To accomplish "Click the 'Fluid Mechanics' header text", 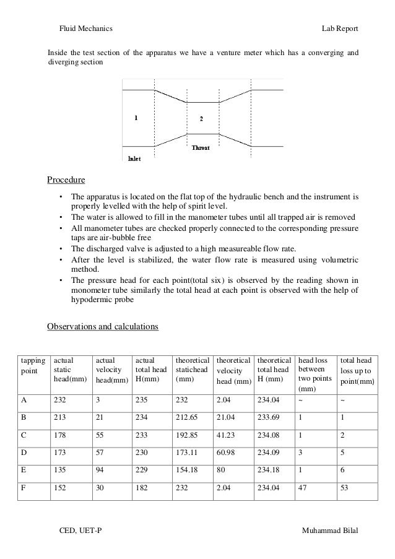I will point(85,29).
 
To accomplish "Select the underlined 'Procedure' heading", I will point(66,181).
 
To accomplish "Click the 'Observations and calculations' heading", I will point(103,326).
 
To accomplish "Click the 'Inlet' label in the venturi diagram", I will point(134,158).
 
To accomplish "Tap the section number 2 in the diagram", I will point(201,118).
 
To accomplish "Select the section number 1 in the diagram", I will point(136,116).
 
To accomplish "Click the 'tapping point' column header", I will point(33,365).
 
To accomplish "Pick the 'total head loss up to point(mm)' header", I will point(356,370).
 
